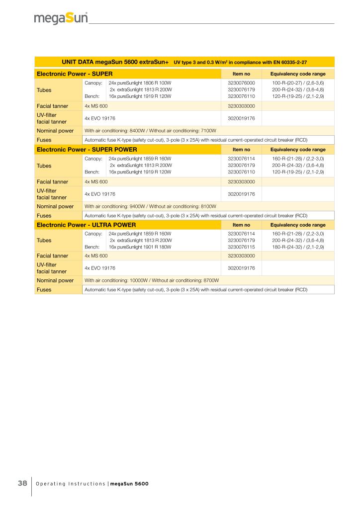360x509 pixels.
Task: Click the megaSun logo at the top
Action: pos(61,19)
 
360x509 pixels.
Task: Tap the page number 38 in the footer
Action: pos(22,483)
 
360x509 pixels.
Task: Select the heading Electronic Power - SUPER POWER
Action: pos(87,149)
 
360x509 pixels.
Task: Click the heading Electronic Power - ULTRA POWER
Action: pos(86,225)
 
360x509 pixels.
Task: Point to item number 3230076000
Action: pos(241,83)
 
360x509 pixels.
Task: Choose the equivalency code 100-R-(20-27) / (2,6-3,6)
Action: pos(298,83)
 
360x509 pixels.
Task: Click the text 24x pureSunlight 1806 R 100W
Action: pos(140,83)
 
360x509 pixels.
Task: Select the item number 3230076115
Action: pos(241,247)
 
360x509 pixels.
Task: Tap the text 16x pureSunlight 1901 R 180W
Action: pos(140,247)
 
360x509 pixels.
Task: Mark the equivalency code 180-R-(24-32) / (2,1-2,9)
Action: pos(298,247)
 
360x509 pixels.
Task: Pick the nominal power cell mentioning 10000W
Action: pos(152,280)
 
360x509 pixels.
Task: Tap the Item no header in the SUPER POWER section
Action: pos(241,149)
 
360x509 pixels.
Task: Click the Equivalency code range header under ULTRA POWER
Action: pos(298,225)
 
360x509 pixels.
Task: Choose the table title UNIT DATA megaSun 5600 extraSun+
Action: pos(115,63)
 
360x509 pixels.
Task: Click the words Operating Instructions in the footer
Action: pos(71,484)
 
